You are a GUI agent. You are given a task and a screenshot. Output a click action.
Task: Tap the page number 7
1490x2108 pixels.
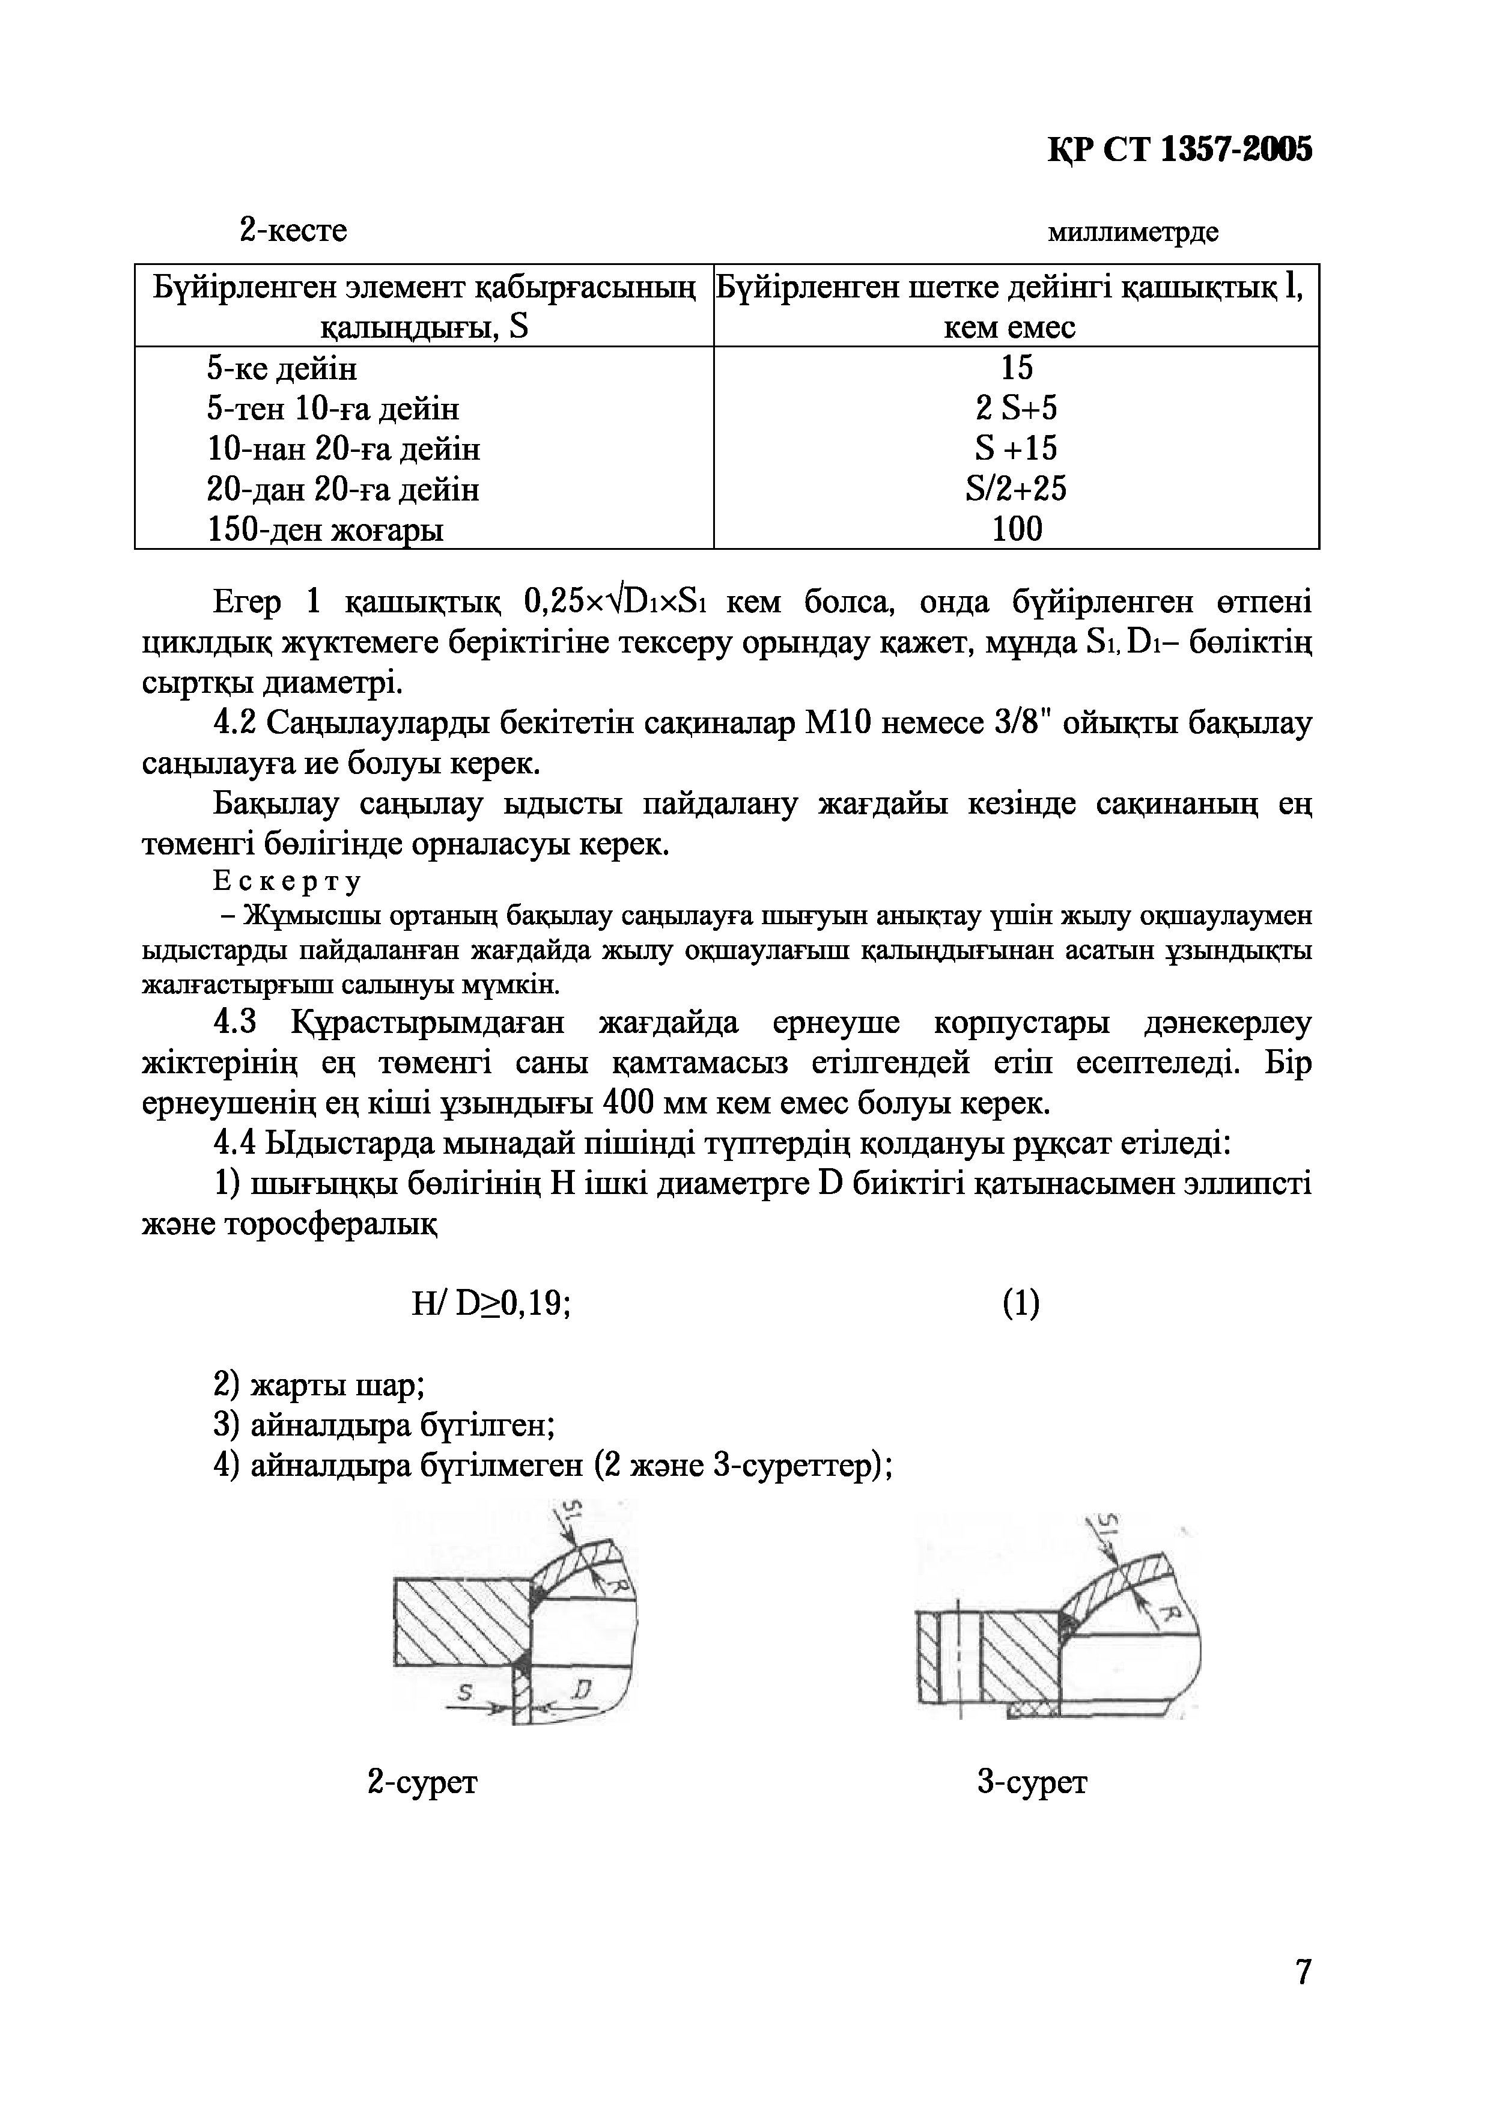click(x=1303, y=1972)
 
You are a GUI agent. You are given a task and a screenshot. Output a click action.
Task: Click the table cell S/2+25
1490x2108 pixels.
click(x=1017, y=489)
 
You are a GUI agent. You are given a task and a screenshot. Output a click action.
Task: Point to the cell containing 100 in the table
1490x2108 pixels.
click(x=1017, y=529)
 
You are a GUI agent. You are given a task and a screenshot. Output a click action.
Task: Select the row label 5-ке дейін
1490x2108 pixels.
click(x=282, y=368)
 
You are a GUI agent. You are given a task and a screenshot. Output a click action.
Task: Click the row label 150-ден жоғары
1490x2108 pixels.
click(x=325, y=530)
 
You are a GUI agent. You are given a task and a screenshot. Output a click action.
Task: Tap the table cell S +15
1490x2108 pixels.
click(x=1017, y=448)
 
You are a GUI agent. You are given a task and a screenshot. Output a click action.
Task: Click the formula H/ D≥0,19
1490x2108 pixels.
click(x=492, y=1304)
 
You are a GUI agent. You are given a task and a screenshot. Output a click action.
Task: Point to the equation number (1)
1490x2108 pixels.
click(x=1021, y=1304)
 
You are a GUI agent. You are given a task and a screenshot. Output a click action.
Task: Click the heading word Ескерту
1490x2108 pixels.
click(x=287, y=882)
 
